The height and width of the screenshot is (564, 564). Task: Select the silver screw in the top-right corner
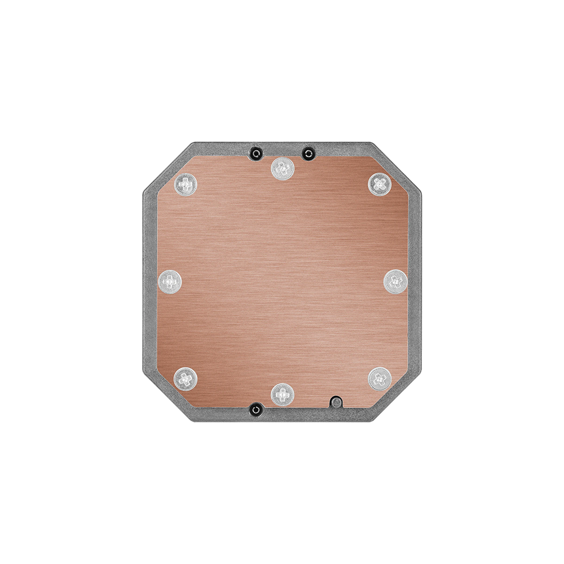click(x=380, y=183)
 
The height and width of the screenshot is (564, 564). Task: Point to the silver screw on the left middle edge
click(x=170, y=281)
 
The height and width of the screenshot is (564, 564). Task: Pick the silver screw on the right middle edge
click(x=395, y=281)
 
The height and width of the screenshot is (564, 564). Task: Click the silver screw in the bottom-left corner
click(x=185, y=378)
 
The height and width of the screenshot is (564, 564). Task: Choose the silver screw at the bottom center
click(x=282, y=394)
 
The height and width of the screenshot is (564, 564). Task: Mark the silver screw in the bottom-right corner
click(x=380, y=378)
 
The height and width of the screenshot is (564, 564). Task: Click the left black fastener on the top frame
click(x=257, y=153)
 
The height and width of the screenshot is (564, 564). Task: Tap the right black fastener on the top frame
click(x=307, y=153)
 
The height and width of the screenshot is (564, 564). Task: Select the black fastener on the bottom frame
click(x=257, y=408)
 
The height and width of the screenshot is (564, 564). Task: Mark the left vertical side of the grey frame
click(x=149, y=282)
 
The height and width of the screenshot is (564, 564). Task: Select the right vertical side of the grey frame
click(x=415, y=282)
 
